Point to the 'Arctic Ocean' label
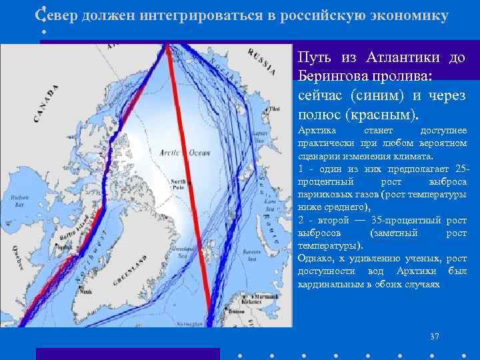pyautogui.click(x=176, y=153)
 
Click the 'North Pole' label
pyautogui.click(x=178, y=184)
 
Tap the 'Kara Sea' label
pyautogui.click(x=269, y=200)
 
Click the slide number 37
pyautogui.click(x=435, y=336)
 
